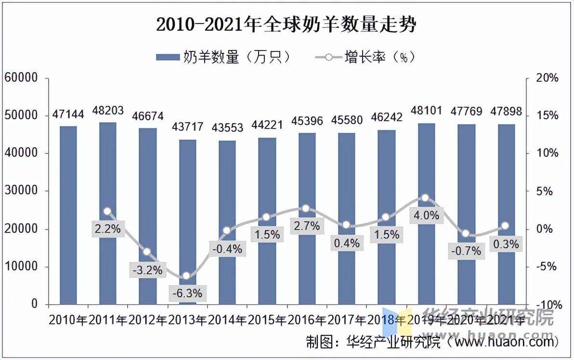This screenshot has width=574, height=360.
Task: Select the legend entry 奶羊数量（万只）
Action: coord(224,57)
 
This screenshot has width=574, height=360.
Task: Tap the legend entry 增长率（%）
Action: coord(366,57)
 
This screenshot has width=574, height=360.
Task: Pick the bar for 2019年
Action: coord(426,214)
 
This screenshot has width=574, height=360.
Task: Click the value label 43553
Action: coord(227,128)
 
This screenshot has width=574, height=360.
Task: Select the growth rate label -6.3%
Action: coord(187,292)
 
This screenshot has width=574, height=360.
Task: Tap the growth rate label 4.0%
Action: coord(426,216)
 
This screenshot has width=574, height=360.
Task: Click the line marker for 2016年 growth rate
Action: coord(305,208)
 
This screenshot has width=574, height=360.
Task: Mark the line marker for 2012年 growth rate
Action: coord(147,252)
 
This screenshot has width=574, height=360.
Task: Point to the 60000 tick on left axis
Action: coord(21,78)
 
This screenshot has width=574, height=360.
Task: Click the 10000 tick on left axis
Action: coord(21,267)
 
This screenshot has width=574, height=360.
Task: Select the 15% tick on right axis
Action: coord(548,116)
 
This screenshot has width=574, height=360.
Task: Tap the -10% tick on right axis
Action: coord(548,305)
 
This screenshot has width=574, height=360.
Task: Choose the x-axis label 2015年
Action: coord(267,320)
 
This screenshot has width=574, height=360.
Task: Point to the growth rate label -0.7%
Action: coord(466,251)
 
